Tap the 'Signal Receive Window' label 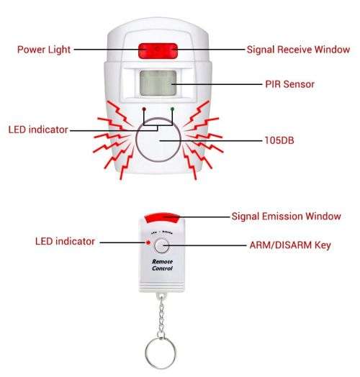click(x=298, y=50)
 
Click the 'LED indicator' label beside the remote click(x=65, y=241)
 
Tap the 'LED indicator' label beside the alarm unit click(x=37, y=130)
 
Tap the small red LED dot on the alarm click(x=145, y=110)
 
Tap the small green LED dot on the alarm click(x=172, y=110)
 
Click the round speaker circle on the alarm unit click(x=160, y=140)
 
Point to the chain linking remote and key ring click(x=162, y=317)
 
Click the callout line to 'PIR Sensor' click(x=216, y=84)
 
